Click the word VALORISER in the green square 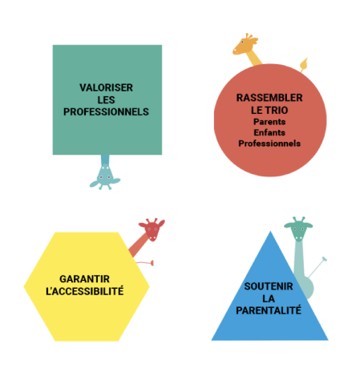point(106,87)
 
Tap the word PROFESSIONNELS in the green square point(106,111)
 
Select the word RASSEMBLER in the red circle point(269,98)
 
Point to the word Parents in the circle point(269,122)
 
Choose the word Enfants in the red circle point(269,132)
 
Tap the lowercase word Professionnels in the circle point(269,144)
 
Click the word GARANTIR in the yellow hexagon point(84,279)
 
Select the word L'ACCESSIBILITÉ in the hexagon point(85,291)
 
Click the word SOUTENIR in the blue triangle point(269,286)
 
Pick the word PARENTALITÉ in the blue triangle point(269,310)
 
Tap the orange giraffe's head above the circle point(245,44)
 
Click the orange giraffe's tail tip point(304,64)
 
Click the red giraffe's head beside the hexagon point(152,229)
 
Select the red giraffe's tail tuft point(152,263)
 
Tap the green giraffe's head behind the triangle point(298,229)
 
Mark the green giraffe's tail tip point(325,258)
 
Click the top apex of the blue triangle point(270,231)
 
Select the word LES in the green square point(106,100)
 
